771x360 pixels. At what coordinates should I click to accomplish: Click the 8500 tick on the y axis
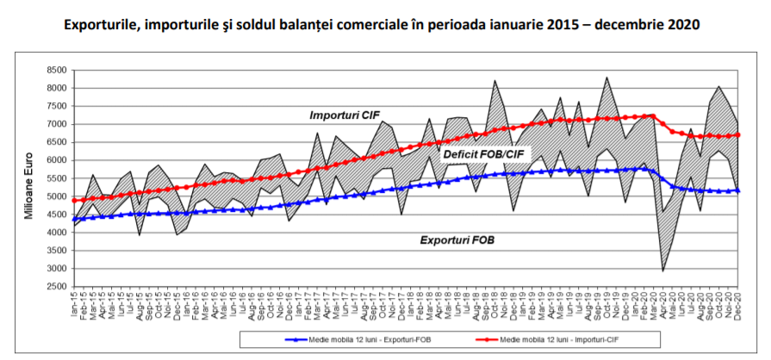tap(56, 70)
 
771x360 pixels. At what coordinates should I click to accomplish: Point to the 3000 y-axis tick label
tap(56, 268)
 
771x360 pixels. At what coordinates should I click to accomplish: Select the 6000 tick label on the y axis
tap(56, 160)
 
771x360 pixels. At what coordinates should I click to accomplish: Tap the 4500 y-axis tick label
tap(56, 214)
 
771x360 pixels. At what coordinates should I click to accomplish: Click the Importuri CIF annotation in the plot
tap(345, 115)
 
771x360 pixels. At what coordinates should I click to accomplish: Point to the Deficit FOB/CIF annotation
tap(485, 155)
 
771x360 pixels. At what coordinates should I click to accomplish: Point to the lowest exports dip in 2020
tap(663, 271)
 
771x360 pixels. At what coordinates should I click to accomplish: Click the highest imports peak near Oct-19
tap(607, 78)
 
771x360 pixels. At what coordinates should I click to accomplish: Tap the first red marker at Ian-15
tap(74, 201)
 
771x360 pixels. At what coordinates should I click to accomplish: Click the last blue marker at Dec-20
tap(739, 190)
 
